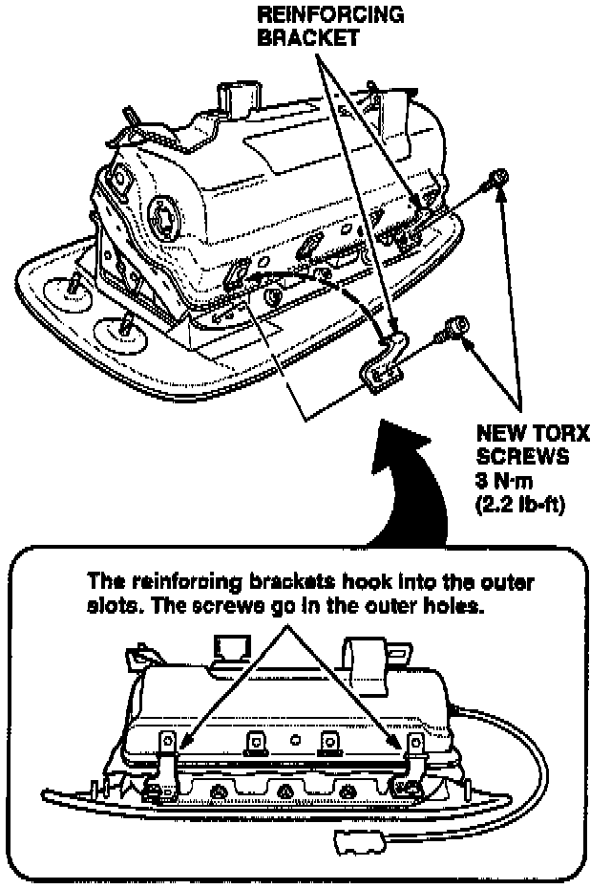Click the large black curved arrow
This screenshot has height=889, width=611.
(411, 478)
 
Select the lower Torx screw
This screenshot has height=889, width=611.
(451, 330)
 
